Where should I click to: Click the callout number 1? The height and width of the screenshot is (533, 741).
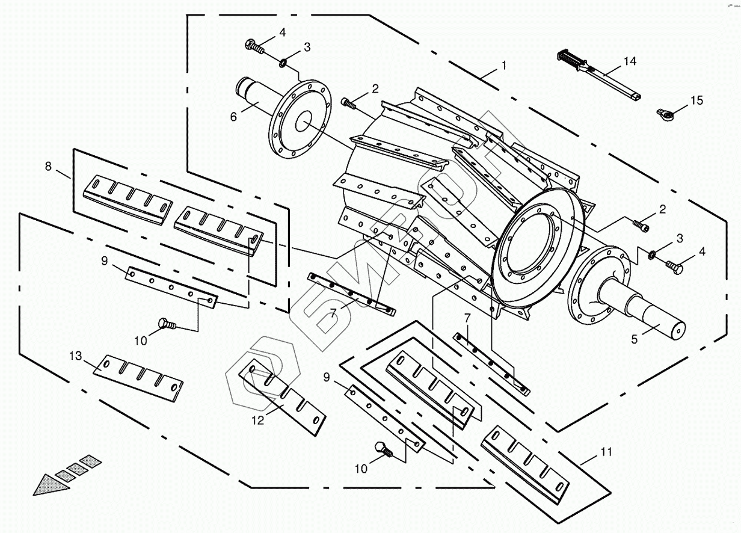pos(504,65)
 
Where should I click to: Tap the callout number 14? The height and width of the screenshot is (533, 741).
pos(629,61)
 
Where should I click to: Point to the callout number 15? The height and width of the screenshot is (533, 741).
pos(696,100)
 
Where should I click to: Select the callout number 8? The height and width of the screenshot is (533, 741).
pos(48,167)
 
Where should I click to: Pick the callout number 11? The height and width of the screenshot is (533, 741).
pos(606,451)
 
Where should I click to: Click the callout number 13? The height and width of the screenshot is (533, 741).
pos(75,356)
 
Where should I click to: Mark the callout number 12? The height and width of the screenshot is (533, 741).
pos(257,421)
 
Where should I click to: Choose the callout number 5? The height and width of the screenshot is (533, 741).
pos(634,339)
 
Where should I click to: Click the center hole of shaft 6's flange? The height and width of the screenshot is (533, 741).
pos(304,122)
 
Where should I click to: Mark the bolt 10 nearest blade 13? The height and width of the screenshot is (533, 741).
pos(166,325)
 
